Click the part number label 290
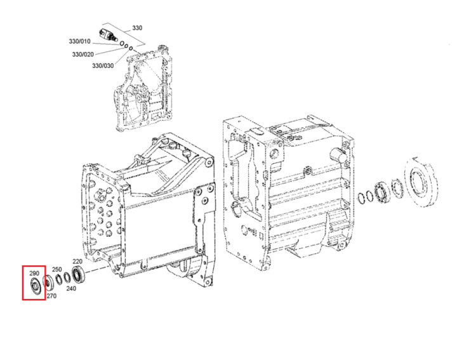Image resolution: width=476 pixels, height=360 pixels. point(34,274)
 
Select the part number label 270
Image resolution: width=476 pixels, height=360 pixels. point(51,296)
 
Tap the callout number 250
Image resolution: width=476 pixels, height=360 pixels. point(56,269)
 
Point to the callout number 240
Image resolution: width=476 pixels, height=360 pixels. point(71,289)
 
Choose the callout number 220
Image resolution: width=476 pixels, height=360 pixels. point(77,261)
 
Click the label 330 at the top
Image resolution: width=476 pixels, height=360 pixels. point(137,28)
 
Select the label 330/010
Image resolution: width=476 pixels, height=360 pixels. point(79,41)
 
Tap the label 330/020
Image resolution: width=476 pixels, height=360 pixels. point(83,55)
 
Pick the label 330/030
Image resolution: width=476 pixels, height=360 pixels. point(103,65)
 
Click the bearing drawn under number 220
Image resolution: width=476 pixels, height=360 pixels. point(78,274)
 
